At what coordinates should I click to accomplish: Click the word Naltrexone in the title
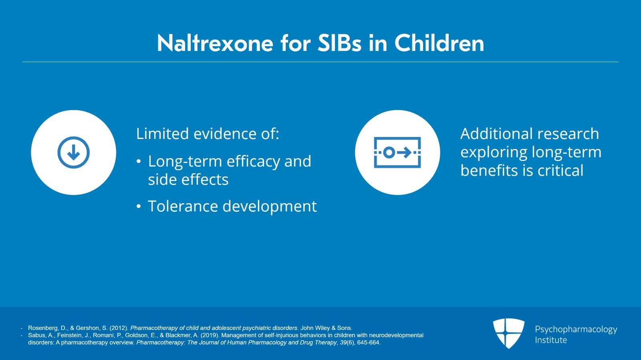(215, 44)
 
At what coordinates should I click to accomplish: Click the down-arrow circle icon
(74, 153)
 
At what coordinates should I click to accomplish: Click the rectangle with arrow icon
(397, 153)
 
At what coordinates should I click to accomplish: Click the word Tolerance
(183, 206)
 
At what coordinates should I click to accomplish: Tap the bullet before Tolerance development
(139, 206)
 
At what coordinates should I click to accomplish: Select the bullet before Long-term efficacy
(139, 161)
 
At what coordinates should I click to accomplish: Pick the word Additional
(496, 133)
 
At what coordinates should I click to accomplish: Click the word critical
(560, 171)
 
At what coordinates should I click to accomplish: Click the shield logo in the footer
(509, 333)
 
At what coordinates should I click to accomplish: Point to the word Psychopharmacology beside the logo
(576, 330)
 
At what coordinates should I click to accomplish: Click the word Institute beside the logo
(551, 340)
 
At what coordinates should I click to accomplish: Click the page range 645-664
(369, 342)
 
